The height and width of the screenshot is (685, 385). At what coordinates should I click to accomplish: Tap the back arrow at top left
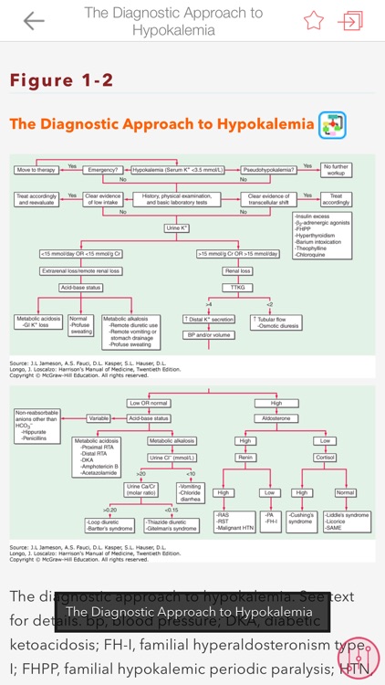tap(34, 21)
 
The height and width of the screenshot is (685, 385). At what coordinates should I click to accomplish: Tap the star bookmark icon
tap(314, 21)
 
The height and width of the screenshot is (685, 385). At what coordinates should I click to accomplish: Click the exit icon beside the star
tap(350, 21)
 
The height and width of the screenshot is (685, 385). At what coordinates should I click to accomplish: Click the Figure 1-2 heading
tap(62, 80)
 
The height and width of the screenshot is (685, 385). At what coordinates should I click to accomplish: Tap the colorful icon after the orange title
tap(331, 125)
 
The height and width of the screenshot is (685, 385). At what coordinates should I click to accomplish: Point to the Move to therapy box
tap(37, 170)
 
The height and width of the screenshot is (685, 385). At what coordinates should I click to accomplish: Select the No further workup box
tap(337, 170)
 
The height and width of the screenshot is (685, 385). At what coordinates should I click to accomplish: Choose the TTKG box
tap(236, 288)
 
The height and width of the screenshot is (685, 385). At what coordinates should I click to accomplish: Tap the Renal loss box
tap(236, 271)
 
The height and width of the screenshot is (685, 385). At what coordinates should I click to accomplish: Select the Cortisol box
tap(326, 457)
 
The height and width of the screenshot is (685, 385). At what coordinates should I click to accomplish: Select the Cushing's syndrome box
tap(301, 518)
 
